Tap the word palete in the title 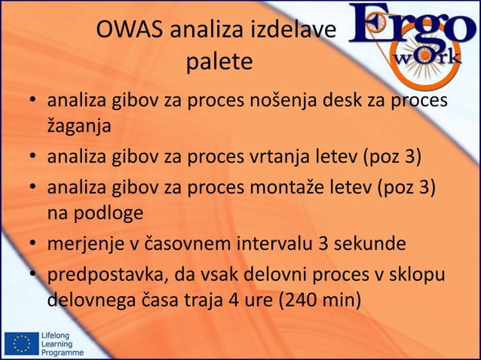click(x=219, y=63)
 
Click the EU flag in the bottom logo click(x=20, y=344)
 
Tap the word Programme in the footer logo click(x=63, y=353)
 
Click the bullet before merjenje click(x=34, y=244)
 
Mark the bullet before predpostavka click(x=34, y=273)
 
